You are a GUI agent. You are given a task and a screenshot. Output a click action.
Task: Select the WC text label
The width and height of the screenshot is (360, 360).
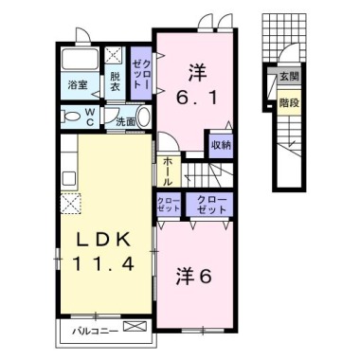90,117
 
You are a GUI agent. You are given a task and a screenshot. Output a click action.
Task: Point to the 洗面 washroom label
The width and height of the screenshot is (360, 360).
125,121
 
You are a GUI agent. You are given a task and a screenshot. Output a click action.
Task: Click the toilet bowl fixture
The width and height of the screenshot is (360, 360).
70,117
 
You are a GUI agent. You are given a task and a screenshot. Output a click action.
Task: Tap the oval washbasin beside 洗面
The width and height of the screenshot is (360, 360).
143,118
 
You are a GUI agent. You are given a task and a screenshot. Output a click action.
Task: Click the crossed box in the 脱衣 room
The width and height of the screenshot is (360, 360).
115,56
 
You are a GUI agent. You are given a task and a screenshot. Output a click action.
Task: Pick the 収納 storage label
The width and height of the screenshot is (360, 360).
221,145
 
